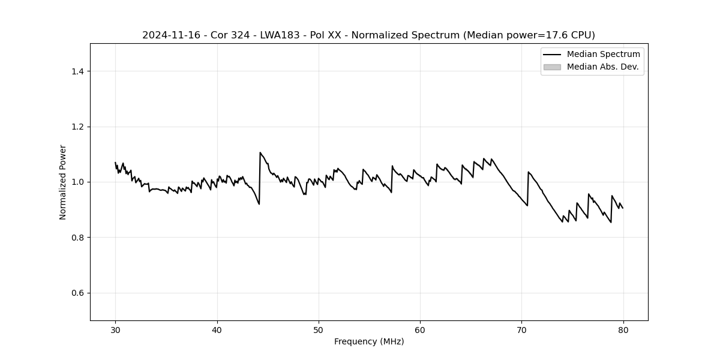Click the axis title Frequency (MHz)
tap(369, 341)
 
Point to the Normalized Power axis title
tap(63, 182)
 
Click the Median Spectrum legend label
tap(603, 55)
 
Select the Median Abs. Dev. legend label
tap(602, 67)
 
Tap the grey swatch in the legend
tap(552, 67)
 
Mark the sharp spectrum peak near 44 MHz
tap(260, 152)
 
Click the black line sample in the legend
tap(552, 55)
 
